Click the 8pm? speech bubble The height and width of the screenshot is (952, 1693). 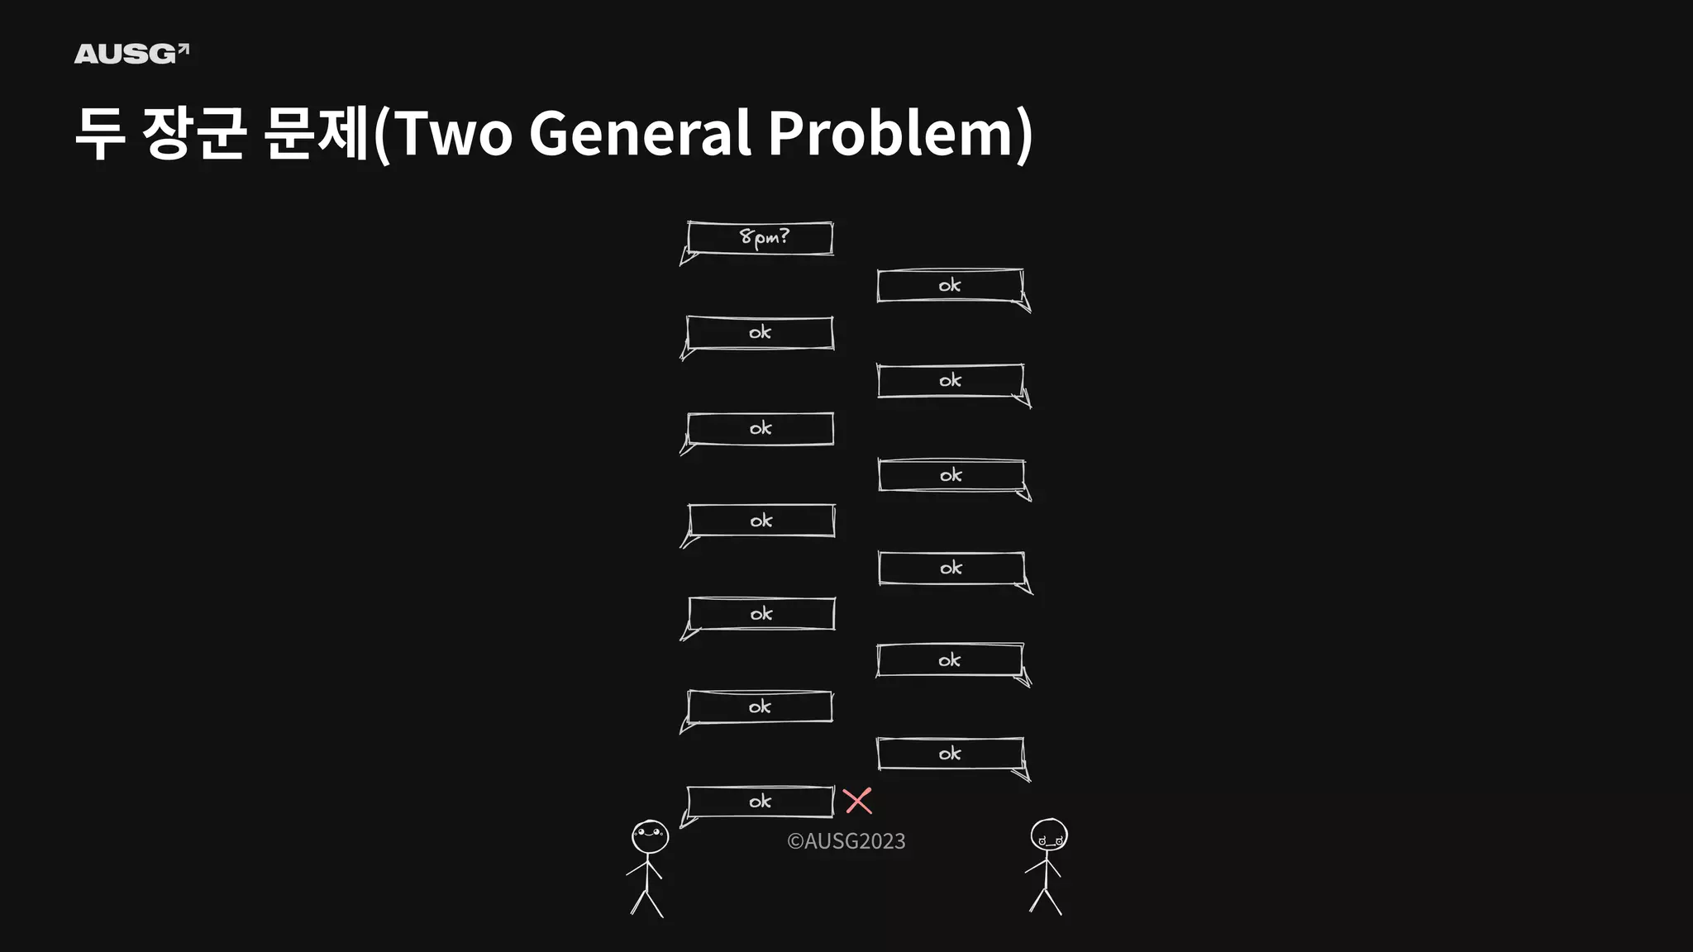coord(760,238)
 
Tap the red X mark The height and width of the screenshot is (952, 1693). coord(857,801)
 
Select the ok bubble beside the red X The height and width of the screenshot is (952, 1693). coord(760,802)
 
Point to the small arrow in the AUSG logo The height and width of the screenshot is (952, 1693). coord(184,50)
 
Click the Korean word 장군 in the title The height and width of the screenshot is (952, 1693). coord(194,133)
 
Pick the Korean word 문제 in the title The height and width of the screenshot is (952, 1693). coord(316,133)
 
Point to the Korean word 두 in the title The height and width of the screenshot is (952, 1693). coord(100,133)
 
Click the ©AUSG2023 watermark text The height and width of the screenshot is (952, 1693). coord(846,841)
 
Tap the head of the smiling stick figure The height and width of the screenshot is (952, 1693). coord(650,837)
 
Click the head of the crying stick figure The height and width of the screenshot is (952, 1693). coord(1048,835)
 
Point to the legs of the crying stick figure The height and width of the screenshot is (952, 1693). coord(1046,900)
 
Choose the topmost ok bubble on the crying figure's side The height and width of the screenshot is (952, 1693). coord(950,286)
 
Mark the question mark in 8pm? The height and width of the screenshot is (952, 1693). coord(784,236)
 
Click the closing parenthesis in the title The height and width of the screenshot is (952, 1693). coord(1024,133)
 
